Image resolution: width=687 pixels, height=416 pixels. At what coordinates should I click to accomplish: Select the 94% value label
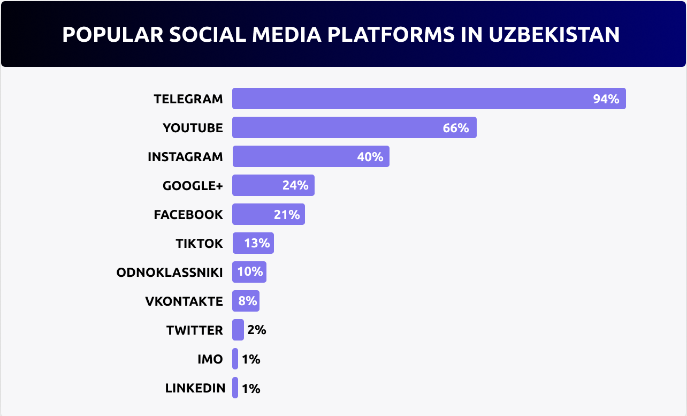(x=606, y=99)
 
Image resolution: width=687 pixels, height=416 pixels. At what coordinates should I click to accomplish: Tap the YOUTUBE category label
(x=193, y=128)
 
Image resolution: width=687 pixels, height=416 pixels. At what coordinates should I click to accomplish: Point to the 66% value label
(x=456, y=128)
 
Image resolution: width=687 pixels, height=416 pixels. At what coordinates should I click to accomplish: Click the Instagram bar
(x=294, y=157)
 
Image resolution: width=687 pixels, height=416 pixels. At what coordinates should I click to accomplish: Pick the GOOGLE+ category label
(x=193, y=186)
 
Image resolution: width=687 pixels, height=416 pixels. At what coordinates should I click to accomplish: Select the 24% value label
(x=295, y=186)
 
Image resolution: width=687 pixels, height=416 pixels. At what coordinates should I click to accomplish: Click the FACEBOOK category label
(x=188, y=215)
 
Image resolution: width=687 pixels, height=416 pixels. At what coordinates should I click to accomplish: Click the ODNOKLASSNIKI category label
(x=170, y=273)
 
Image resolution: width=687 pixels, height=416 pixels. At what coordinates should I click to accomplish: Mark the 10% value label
(x=250, y=272)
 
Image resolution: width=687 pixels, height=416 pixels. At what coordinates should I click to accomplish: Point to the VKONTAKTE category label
(x=184, y=301)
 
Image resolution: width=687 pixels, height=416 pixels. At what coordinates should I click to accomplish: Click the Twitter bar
(x=238, y=330)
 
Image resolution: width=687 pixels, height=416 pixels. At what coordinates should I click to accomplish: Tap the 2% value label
(x=257, y=330)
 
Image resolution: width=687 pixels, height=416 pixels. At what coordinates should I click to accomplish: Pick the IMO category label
(x=210, y=359)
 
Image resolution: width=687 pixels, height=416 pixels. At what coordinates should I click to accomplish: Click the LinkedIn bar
(x=235, y=388)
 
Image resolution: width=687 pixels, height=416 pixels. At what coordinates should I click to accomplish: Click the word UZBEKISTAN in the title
(x=554, y=34)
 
